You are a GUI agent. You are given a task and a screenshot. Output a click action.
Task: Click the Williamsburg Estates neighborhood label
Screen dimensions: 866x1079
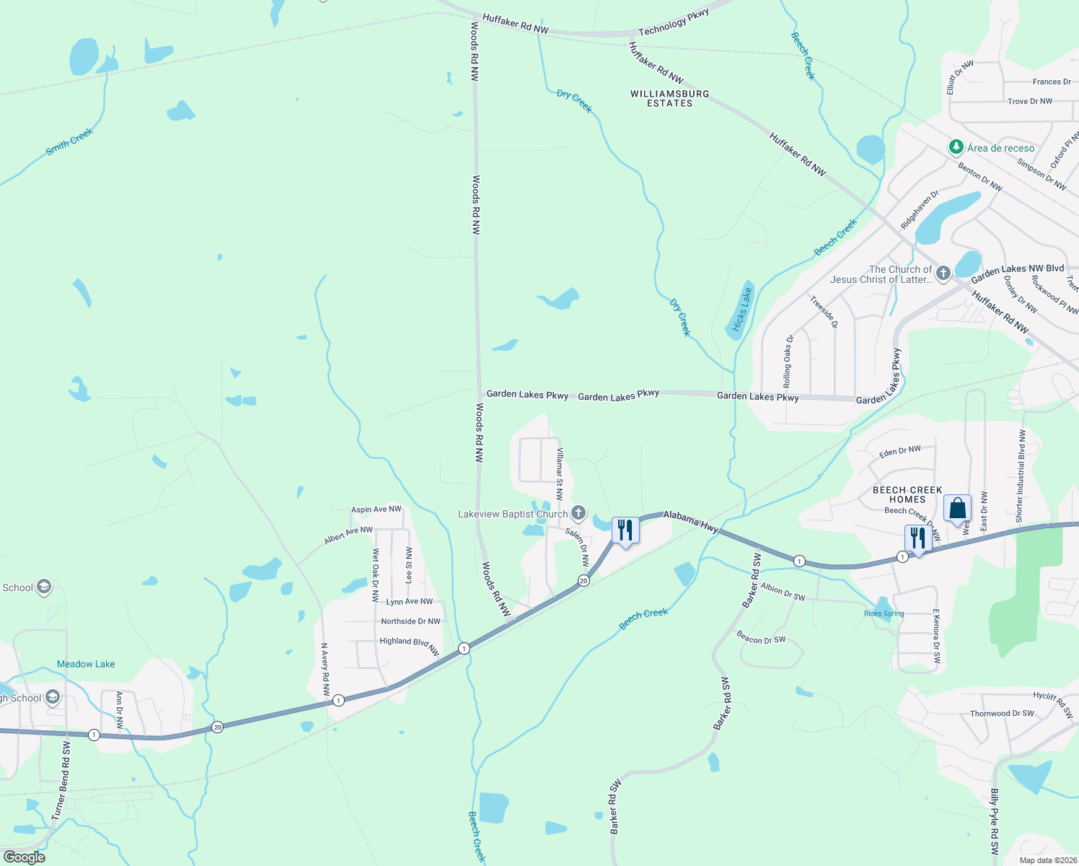(669, 99)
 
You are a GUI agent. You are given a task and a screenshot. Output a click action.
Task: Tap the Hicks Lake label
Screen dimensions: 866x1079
(741, 309)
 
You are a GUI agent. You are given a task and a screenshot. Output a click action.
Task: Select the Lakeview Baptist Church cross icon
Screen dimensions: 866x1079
(578, 514)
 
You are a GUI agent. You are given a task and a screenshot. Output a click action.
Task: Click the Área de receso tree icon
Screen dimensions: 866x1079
(956, 147)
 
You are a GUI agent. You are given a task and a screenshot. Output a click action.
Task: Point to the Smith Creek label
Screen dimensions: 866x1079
(69, 141)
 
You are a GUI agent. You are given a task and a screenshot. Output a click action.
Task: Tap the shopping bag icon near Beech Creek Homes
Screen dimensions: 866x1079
(957, 509)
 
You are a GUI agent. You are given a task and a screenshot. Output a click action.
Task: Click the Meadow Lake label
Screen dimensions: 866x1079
(86, 664)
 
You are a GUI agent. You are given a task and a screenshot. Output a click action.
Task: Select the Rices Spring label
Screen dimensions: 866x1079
(884, 613)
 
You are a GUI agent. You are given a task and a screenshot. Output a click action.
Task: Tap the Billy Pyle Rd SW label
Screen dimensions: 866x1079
(995, 822)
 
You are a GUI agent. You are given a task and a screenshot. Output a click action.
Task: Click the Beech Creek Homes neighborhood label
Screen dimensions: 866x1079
(907, 494)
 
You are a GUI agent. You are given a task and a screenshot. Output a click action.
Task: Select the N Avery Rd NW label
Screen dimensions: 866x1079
(325, 669)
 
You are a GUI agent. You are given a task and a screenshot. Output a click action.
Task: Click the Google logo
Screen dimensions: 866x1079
(25, 857)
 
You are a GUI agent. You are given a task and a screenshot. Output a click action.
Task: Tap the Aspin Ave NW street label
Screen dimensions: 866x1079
(376, 509)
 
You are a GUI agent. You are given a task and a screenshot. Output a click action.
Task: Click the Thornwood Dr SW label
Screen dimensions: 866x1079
(1002, 714)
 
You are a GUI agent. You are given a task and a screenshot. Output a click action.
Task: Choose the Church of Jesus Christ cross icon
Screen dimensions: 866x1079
(943, 274)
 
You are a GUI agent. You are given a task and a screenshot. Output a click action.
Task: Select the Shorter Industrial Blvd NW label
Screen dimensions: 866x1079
(1020, 476)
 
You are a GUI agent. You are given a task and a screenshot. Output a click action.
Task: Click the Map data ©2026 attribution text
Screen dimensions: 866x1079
(1048, 860)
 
